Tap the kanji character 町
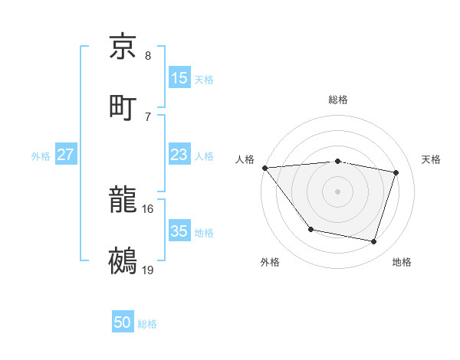point(123,106)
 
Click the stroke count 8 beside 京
point(148,56)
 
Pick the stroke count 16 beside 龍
point(148,208)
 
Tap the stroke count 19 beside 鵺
point(148,269)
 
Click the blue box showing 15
point(179,77)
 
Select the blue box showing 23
point(179,155)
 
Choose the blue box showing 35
point(179,231)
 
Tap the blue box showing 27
point(66,155)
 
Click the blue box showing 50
point(123,322)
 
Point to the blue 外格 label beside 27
point(41,156)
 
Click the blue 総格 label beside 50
point(147,324)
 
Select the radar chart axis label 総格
point(338,100)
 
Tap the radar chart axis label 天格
point(431,159)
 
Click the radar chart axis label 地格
point(402,263)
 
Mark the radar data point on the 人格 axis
point(264,168)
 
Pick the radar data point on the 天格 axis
point(396,172)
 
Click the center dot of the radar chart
point(338,191)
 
